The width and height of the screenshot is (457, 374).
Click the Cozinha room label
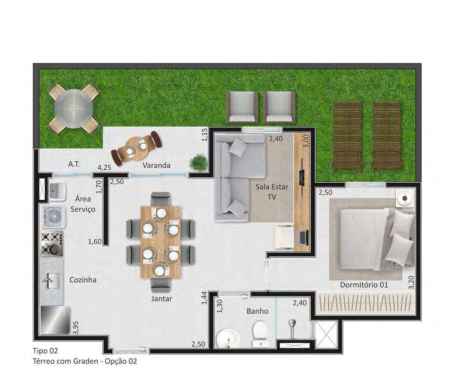pyautogui.click(x=83, y=280)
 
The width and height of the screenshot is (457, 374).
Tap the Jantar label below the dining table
pyautogui.click(x=162, y=298)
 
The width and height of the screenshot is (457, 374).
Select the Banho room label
pyautogui.click(x=257, y=311)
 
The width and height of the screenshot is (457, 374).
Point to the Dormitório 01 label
pyautogui.click(x=364, y=285)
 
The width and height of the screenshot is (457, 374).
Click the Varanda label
pyautogui.click(x=156, y=165)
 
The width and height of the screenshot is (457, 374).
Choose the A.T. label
pyautogui.click(x=74, y=164)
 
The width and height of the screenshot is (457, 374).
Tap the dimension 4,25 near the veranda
pyautogui.click(x=104, y=168)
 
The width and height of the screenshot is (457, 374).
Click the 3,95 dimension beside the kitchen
pyautogui.click(x=76, y=328)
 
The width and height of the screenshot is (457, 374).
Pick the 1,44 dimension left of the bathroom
pyautogui.click(x=204, y=298)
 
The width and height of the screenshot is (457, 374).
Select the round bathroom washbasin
pyautogui.click(x=228, y=338)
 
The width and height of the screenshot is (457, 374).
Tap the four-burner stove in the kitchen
pyautogui.click(x=52, y=243)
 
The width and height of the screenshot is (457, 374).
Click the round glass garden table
pyautogui.click(x=73, y=108)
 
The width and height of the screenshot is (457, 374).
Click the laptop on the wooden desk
pyautogui.click(x=303, y=237)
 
